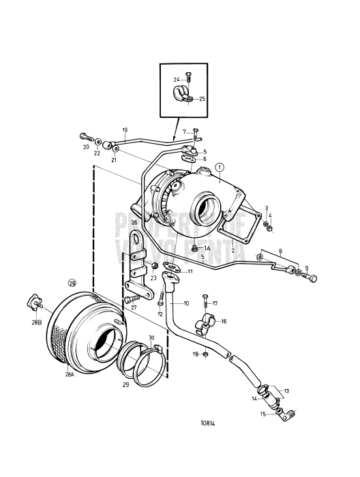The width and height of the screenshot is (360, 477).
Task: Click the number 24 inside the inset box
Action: [176, 79]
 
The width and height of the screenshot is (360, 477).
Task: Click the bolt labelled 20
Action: [84, 136]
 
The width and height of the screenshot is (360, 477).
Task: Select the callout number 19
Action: [125, 129]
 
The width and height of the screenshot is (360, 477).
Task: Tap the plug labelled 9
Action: [314, 277]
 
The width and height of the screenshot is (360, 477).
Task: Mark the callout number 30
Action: [151, 337]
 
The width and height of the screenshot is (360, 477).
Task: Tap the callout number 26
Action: [135, 222]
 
